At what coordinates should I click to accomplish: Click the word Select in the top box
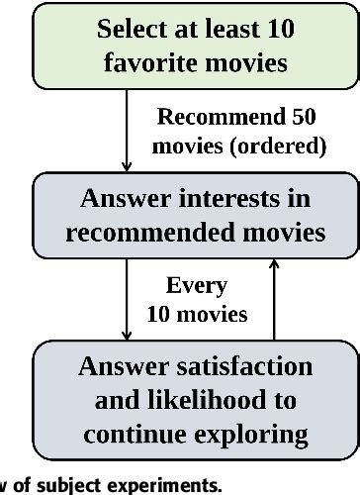point(133,29)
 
